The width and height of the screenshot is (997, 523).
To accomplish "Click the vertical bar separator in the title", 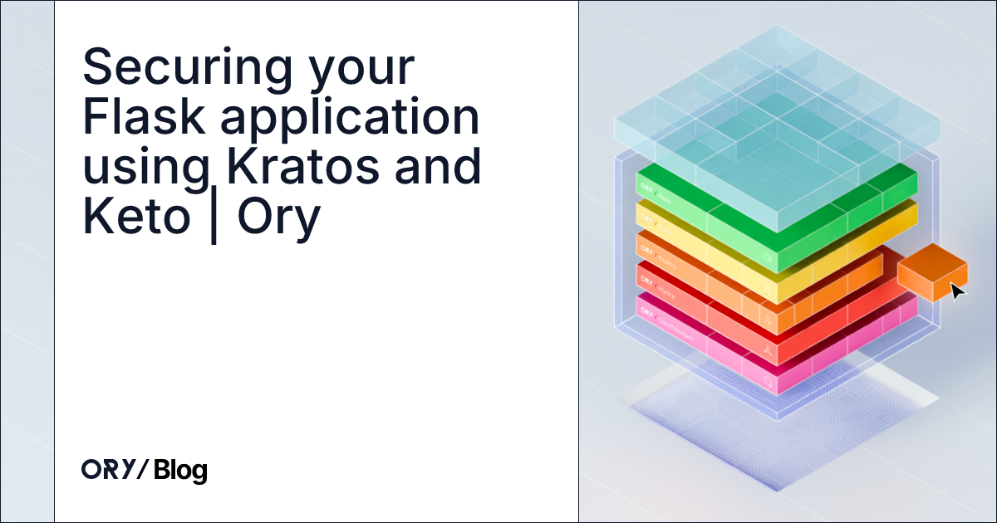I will [x=214, y=218].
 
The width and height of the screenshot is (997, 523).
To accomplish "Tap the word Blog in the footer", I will [x=180, y=471].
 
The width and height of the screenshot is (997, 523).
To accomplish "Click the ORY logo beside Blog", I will [x=115, y=471].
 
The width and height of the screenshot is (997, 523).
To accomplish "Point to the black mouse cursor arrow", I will [x=957, y=291].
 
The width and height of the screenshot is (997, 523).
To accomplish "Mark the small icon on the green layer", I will [x=768, y=259].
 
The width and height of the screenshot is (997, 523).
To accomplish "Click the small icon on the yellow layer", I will [x=768, y=291].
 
